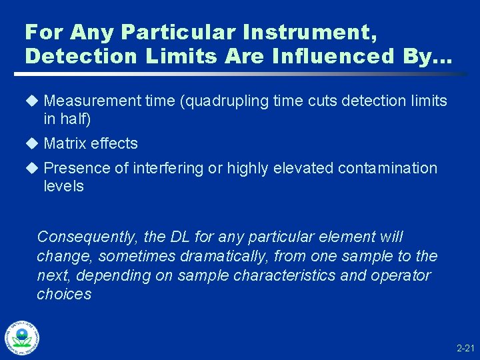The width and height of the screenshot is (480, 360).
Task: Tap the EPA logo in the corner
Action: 22,339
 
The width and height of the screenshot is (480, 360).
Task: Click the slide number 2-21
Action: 465,348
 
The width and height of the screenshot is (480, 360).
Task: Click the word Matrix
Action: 65,143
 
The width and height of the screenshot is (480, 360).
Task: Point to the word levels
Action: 63,186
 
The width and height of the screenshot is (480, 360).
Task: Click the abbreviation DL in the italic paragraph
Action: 180,237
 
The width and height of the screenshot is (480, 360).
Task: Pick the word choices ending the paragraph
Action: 64,295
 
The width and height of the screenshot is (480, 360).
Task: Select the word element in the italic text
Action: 351,237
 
